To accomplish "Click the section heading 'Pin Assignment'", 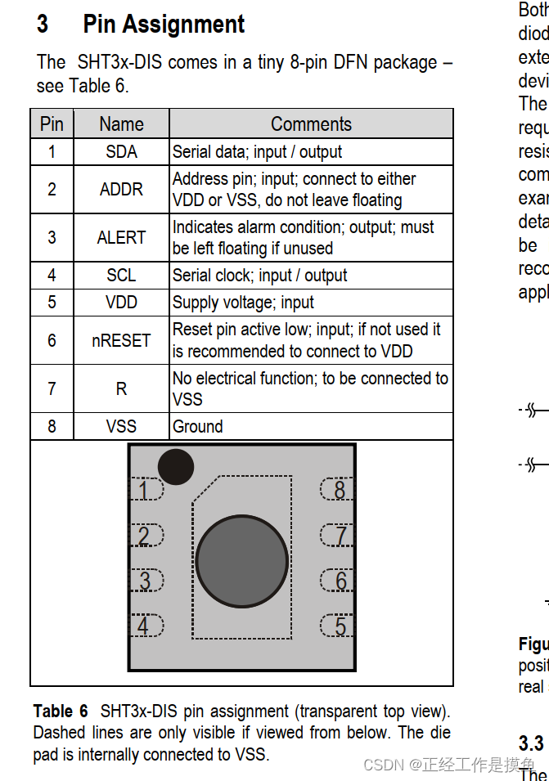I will (x=164, y=25).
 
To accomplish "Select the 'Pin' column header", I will (x=52, y=124).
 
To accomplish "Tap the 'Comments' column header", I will (x=311, y=124).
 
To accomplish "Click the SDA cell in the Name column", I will (x=121, y=152).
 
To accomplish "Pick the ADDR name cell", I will (x=121, y=190).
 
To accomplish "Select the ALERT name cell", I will (x=121, y=238).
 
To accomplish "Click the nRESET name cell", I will (x=121, y=340).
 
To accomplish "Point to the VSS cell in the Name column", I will (x=121, y=427).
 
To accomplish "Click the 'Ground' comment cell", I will (x=197, y=427).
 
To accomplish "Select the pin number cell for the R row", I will (x=52, y=388).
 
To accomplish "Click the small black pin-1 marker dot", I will (x=175, y=467).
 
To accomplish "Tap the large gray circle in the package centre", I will (x=242, y=562).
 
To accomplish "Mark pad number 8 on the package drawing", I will (x=338, y=490).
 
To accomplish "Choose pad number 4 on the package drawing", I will (x=145, y=626).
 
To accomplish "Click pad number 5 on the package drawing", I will (x=338, y=626).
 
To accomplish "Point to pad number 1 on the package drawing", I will (x=145, y=490).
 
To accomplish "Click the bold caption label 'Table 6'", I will (x=61, y=711).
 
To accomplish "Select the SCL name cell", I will (x=121, y=276).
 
